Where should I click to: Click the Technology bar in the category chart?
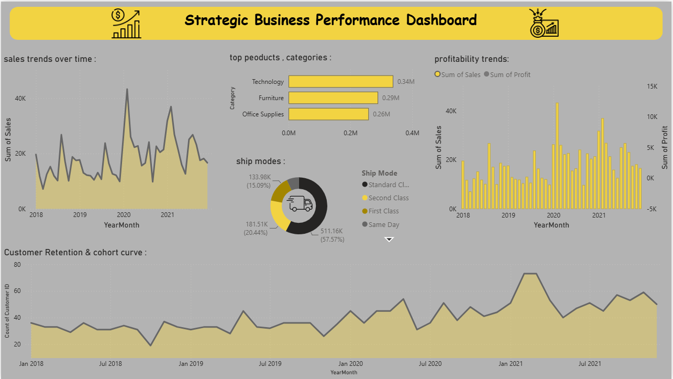click(x=341, y=82)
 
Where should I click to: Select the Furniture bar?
click(x=333, y=98)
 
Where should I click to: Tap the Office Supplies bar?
click(x=328, y=114)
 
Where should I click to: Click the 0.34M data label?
click(x=406, y=82)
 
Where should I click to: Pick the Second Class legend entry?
click(x=385, y=198)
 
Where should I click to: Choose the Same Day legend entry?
click(x=381, y=224)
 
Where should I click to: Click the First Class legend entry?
click(x=380, y=211)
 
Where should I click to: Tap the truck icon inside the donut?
click(x=300, y=203)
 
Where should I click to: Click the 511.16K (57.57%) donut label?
click(x=332, y=235)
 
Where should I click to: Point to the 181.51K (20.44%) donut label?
click(x=256, y=229)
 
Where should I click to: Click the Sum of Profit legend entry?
click(x=507, y=74)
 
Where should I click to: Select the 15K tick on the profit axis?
click(x=652, y=86)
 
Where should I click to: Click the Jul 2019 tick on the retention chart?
click(x=270, y=364)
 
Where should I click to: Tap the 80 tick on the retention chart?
click(x=17, y=265)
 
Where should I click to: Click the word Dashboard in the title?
click(x=442, y=20)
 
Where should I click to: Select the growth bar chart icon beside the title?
click(x=126, y=24)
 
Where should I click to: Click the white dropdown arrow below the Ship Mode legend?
click(x=389, y=240)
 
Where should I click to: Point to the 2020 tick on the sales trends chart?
click(x=124, y=215)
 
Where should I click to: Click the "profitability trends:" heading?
click(x=472, y=59)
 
